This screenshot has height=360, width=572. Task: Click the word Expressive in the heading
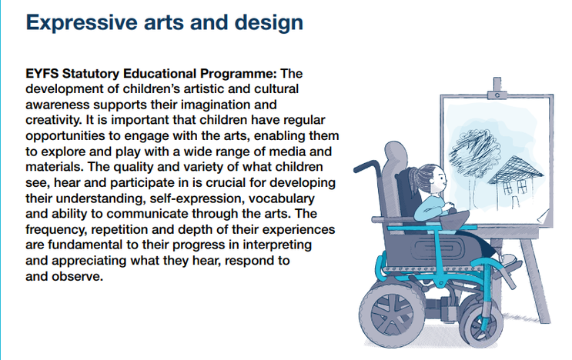82,23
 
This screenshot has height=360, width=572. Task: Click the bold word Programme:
239,75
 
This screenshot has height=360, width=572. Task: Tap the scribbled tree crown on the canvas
473,148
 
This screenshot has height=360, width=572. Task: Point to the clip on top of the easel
497,89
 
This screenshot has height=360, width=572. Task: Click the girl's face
438,180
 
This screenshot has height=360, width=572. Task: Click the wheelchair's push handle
367,166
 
